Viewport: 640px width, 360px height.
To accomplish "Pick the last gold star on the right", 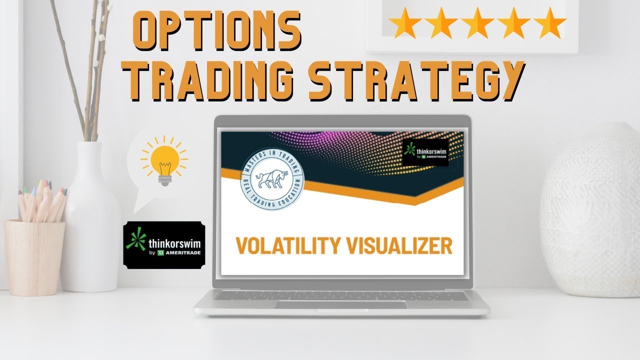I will click(551, 23).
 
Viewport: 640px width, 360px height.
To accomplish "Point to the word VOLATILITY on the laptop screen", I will click(286, 246).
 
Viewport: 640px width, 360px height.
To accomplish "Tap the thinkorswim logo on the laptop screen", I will click(425, 152).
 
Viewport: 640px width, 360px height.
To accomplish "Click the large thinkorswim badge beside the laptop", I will click(164, 245).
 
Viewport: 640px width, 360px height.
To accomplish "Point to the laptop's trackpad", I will click(340, 305).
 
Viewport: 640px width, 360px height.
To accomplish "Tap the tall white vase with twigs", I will click(90, 220).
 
